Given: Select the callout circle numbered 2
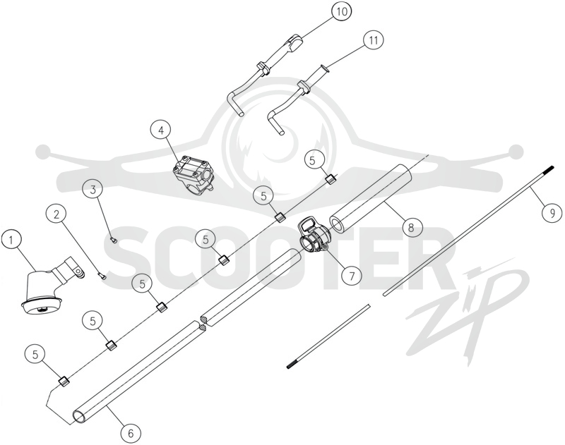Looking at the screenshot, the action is click(56, 215).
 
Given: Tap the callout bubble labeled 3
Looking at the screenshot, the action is click(93, 190).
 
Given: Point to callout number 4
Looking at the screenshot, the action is click(161, 130).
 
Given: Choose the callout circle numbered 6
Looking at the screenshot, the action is click(131, 433).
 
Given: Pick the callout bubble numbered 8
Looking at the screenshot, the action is click(410, 227).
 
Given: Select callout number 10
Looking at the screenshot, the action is click(341, 11).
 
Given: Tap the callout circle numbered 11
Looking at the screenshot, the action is click(374, 40).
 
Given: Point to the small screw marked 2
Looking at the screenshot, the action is click(102, 276).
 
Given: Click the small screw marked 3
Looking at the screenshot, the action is click(113, 240).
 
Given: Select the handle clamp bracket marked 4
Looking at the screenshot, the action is click(193, 175).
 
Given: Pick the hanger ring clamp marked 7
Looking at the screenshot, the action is click(313, 236).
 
